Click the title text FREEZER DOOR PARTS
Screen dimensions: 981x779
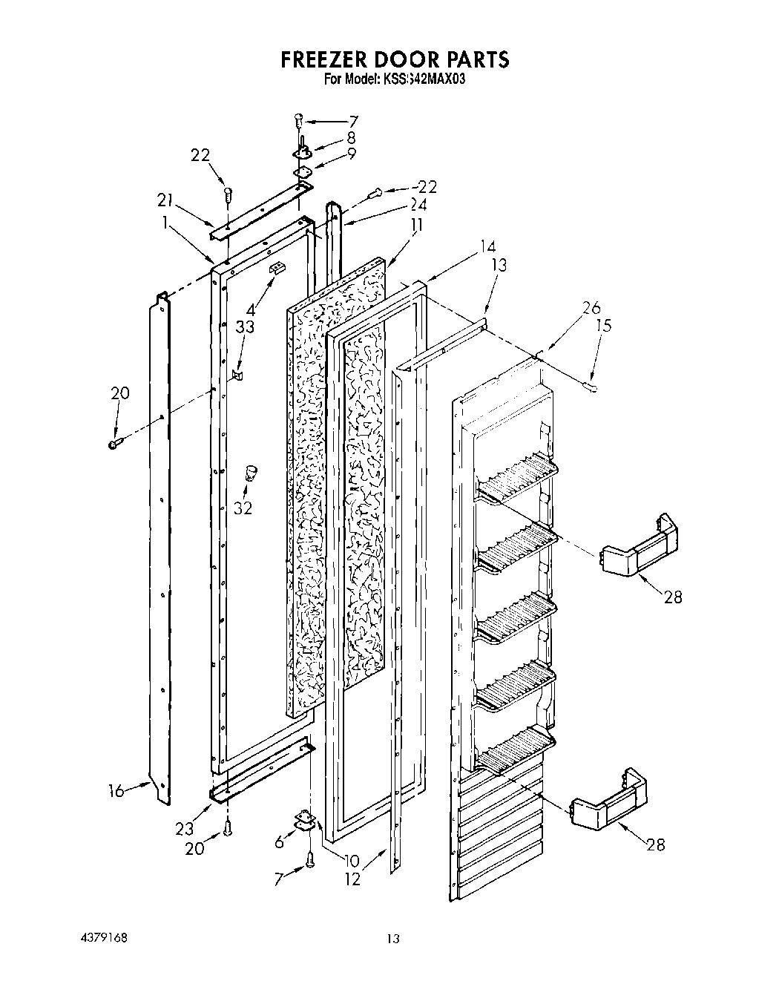coord(395,59)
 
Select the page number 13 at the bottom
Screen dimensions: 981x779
coord(393,939)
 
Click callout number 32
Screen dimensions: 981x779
coord(243,508)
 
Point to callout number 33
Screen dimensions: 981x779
coord(245,327)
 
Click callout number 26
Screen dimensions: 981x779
coord(591,307)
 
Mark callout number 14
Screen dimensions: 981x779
coord(487,246)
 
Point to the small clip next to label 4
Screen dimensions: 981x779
coord(277,269)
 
